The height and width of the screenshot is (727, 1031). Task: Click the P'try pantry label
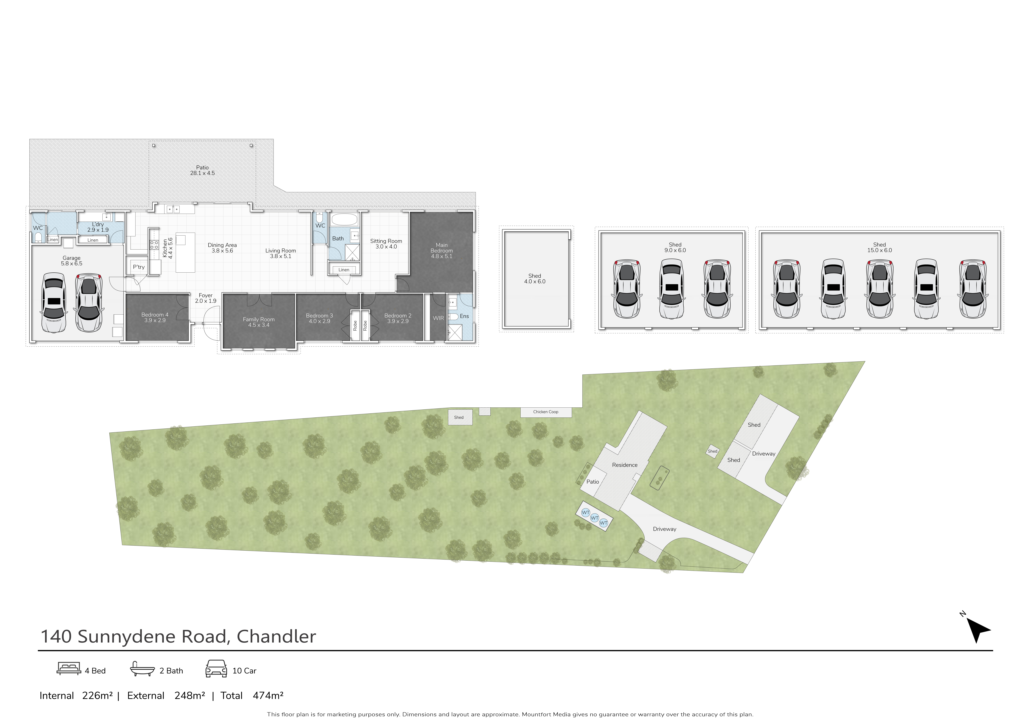click(139, 267)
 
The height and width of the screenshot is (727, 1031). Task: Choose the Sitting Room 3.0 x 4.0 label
click(386, 244)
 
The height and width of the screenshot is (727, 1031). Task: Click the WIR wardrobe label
click(438, 318)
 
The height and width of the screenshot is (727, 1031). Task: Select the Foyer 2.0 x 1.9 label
click(206, 298)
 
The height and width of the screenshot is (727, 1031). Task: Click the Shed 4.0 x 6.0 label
click(535, 278)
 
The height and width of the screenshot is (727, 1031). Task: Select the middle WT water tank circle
click(594, 518)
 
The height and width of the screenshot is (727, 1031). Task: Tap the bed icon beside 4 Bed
click(69, 669)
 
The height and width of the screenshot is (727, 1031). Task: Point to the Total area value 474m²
click(268, 696)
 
